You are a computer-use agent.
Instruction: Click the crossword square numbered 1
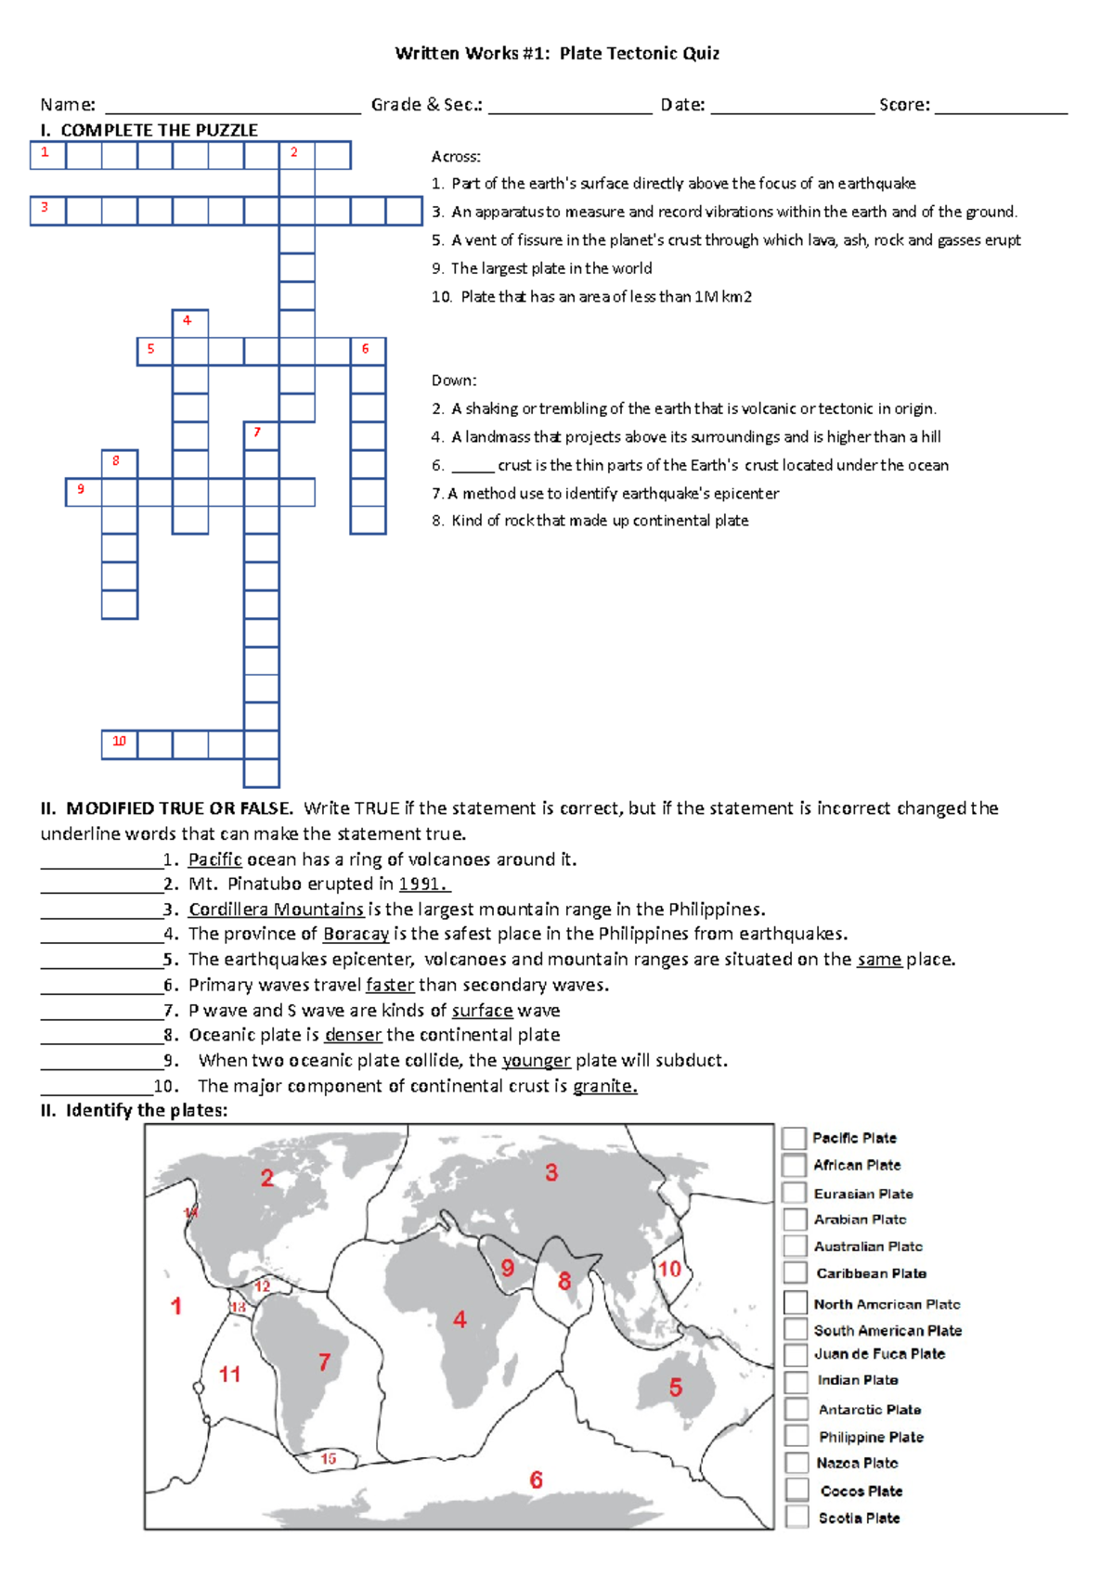coord(47,155)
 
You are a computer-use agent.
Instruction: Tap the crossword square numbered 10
coord(120,744)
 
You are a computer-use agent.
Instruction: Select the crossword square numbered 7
coord(262,436)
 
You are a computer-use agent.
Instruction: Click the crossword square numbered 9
coord(83,492)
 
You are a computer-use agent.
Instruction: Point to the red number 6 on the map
coord(536,1479)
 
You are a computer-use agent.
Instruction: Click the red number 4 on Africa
coord(460,1319)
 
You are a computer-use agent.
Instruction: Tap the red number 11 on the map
coord(229,1374)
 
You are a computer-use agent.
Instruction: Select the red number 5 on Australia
coord(676,1388)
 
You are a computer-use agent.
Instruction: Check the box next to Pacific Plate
coord(794,1138)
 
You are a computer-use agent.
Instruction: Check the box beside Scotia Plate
coord(797,1518)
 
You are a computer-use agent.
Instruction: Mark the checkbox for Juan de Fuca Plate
coord(796,1355)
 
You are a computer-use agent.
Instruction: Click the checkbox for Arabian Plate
coord(795,1220)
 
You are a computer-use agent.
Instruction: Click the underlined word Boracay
coord(356,935)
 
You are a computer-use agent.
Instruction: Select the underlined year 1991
coord(422,885)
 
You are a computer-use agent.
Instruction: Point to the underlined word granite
coord(604,1086)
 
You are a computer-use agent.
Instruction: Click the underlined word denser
coord(353,1035)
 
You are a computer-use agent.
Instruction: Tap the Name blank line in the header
coord(232,106)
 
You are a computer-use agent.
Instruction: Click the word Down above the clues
coord(453,381)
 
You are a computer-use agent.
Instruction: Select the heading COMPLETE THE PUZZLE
coord(159,131)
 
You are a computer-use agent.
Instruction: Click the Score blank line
coord(1001,106)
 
